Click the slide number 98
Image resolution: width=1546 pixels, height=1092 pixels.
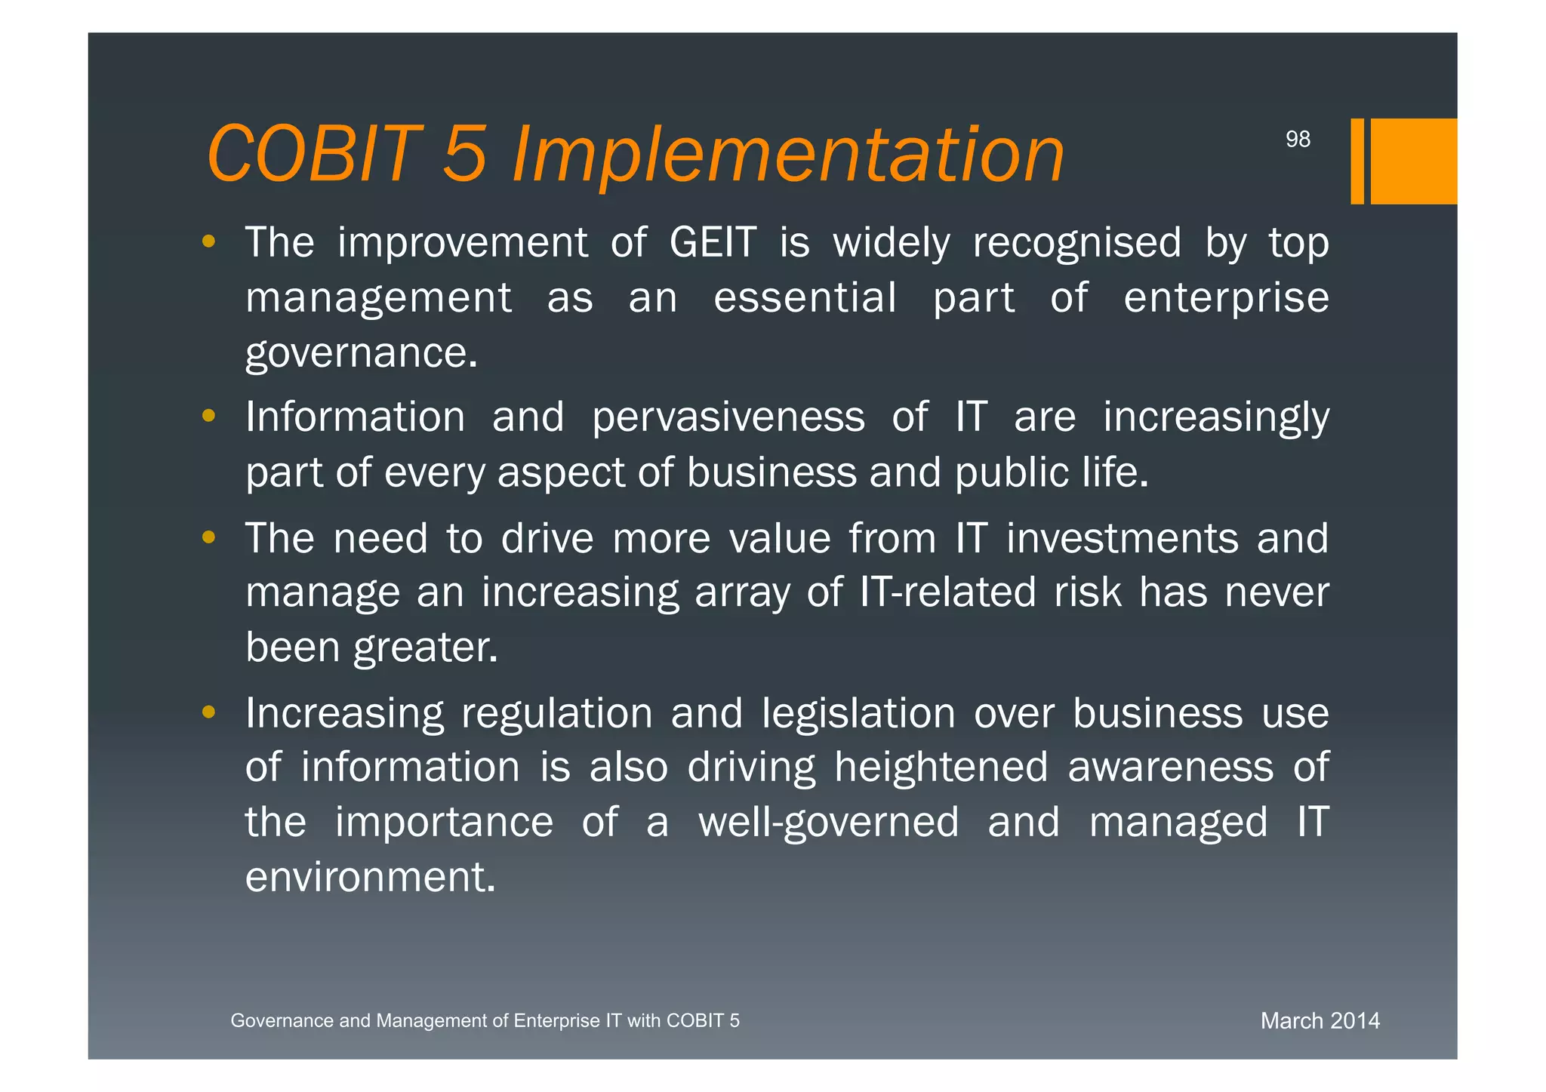coord(1298,140)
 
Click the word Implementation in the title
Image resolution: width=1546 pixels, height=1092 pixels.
coord(787,155)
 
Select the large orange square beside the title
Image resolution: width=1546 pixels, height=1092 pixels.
coord(1413,161)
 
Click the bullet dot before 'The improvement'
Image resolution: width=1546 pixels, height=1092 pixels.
coord(209,242)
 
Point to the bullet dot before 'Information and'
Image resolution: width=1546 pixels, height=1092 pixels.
coord(209,416)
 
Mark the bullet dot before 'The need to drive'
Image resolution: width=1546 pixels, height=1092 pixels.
coord(209,537)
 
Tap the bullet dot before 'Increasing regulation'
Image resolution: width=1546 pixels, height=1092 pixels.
coord(209,712)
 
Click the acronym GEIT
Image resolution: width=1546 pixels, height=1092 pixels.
coord(713,243)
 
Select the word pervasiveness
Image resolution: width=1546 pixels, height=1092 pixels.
coord(728,417)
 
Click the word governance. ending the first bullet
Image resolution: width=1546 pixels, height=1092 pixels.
coord(362,353)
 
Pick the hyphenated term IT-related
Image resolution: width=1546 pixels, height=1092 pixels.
coord(947,592)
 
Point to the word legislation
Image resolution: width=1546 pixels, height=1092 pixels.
coord(858,713)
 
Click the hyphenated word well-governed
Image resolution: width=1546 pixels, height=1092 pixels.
coord(828,823)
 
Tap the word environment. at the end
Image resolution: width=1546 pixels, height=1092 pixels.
coord(370,878)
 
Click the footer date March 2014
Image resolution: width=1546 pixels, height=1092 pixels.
coord(1320,1021)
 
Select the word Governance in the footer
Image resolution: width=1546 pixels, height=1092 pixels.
coord(281,1021)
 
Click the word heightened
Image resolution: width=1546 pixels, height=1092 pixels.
coord(941,767)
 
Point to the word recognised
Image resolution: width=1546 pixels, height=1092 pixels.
coord(1076,243)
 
